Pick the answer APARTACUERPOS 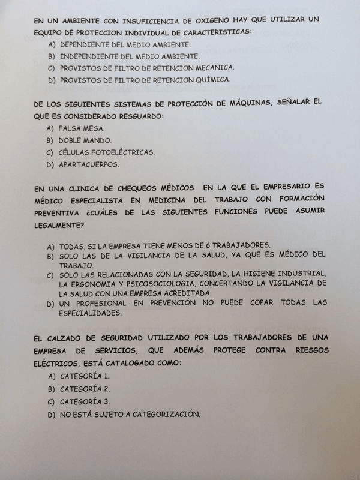click(89, 164)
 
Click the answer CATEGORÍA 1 click(85, 376)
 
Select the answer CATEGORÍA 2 click(85, 389)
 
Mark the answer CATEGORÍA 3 click(85, 401)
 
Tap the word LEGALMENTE click(59, 224)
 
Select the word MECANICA click(212, 67)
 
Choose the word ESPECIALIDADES click(91, 313)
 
